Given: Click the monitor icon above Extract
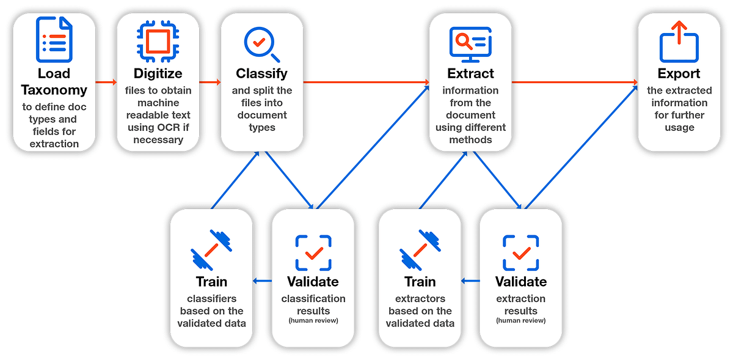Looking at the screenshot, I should pyautogui.click(x=470, y=44).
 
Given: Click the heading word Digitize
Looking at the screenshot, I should pyautogui.click(x=158, y=74).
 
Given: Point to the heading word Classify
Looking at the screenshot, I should pyautogui.click(x=261, y=74).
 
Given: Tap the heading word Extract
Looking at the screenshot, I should pyautogui.click(x=470, y=74).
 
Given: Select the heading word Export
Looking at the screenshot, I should pyautogui.click(x=679, y=74).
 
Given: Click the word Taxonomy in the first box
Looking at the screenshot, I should pyautogui.click(x=54, y=90).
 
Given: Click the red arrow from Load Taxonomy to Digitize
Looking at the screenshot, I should pyautogui.click(x=106, y=81).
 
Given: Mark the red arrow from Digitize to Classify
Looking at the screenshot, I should pyautogui.click(x=210, y=81).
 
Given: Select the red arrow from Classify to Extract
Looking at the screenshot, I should pyautogui.click(x=366, y=81).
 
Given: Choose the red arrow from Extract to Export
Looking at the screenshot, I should pyautogui.click(x=574, y=81).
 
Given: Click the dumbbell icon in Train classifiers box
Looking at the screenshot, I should pyautogui.click(x=211, y=250).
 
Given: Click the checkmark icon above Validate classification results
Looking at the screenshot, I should pyautogui.click(x=313, y=252).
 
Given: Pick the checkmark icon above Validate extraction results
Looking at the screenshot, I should pyautogui.click(x=521, y=252).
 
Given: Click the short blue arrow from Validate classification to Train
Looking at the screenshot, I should pyautogui.click(x=263, y=281).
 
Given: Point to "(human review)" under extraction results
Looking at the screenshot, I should pyautogui.click(x=521, y=320).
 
